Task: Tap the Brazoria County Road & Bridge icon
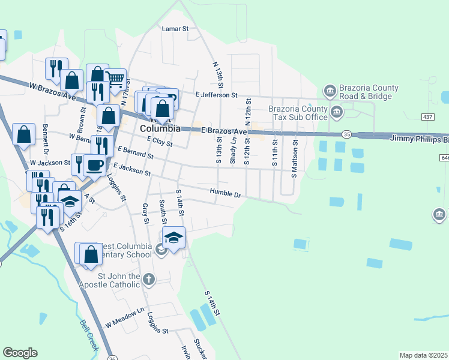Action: point(330,91)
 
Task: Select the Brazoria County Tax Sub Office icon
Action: point(337,112)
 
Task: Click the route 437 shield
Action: point(427,116)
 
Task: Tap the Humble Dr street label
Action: point(225,193)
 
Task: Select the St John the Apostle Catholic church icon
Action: point(149,279)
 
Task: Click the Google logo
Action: point(20,353)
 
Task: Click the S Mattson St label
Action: point(294,158)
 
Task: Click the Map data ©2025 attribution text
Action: point(423,355)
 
